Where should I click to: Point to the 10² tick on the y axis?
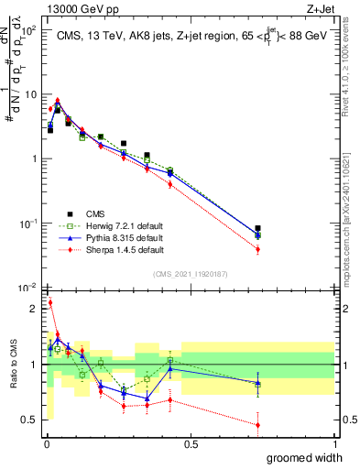click(31, 30)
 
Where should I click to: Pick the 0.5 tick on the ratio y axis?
click(33, 420)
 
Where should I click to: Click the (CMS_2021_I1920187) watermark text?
click(190, 274)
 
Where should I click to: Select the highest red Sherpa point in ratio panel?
click(49, 301)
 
